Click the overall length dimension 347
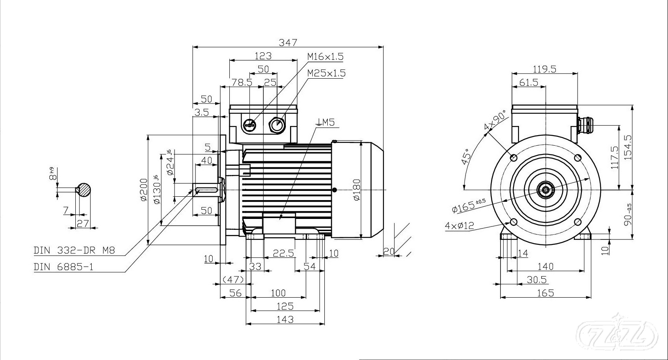pos(288,42)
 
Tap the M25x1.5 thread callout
pos(326,73)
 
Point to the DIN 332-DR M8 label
pos(74,251)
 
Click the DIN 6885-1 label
pos(64,267)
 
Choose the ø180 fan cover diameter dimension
pos(356,190)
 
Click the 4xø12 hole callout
pos(459,226)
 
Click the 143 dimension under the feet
pos(285,319)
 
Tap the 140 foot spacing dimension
pos(545,266)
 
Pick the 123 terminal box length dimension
pos(263,56)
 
